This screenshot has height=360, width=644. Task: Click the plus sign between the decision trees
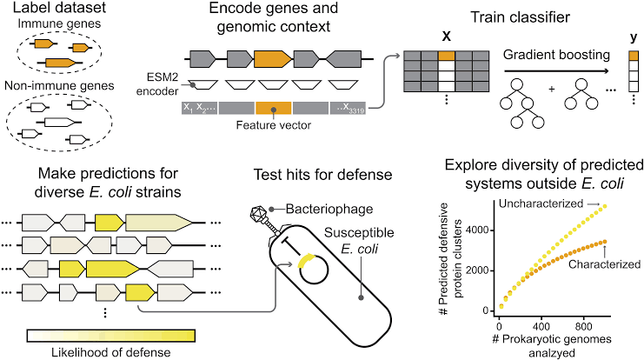pyautogui.click(x=551, y=111)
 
